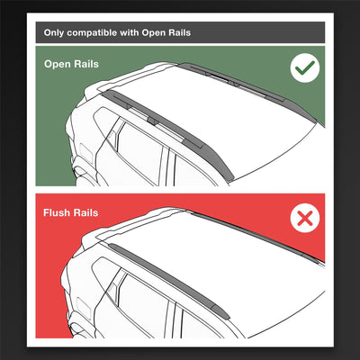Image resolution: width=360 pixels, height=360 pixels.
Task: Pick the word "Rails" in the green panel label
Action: point(94,65)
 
